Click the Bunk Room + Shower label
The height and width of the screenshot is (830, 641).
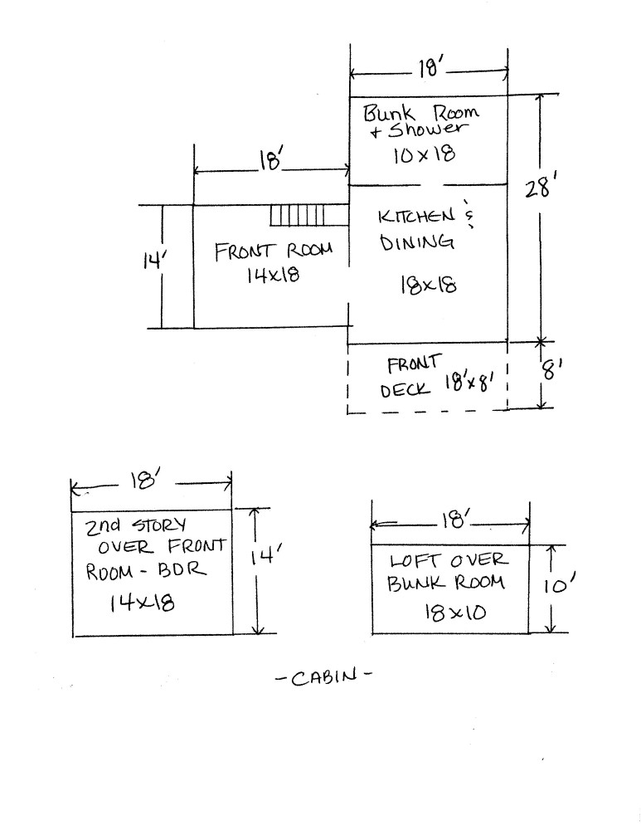pyautogui.click(x=421, y=120)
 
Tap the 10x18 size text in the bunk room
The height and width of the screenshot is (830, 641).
pyautogui.click(x=424, y=154)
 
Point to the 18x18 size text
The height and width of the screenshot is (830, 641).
pyautogui.click(x=429, y=286)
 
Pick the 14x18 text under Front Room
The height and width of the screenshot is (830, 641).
pyautogui.click(x=273, y=274)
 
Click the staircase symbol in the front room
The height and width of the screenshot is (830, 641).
pyautogui.click(x=297, y=216)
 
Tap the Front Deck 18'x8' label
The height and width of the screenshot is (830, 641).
pyautogui.click(x=438, y=377)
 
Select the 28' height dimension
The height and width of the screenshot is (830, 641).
pyautogui.click(x=538, y=188)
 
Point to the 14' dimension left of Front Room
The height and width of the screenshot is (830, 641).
pyautogui.click(x=154, y=261)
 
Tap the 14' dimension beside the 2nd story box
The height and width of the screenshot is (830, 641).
pyautogui.click(x=265, y=556)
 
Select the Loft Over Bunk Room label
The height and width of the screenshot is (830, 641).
pyautogui.click(x=447, y=572)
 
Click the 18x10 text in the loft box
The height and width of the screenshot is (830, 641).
pyautogui.click(x=454, y=613)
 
